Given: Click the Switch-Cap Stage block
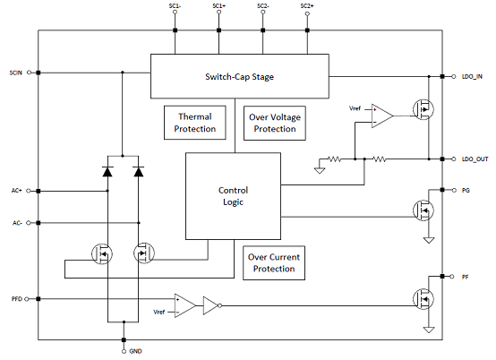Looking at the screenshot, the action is point(239,76).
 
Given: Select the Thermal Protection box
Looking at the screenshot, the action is point(195,123).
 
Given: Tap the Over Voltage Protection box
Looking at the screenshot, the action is point(275,123).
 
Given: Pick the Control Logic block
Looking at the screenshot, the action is point(233,196).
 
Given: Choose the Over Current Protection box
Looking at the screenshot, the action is point(274,263).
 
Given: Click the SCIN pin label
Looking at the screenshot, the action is point(16,73).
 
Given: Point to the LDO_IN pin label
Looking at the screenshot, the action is point(472,76).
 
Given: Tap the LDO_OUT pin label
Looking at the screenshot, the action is point(475,159).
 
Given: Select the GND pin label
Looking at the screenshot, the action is point(135,351).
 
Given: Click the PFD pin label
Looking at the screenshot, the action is point(17,299).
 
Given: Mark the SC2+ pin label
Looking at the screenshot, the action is point(307,6).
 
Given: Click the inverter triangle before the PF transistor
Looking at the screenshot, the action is point(211,305).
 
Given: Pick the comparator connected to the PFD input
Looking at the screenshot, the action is point(185,305).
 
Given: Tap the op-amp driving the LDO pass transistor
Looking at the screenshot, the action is point(382,116).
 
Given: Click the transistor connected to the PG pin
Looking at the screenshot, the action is point(423,210).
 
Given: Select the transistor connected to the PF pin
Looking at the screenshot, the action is point(423,299).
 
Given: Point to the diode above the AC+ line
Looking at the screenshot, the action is point(107,171).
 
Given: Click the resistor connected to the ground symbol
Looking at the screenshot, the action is point(334,159).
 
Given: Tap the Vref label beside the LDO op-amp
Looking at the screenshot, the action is point(355,108).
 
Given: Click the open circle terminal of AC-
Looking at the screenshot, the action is point(28,223).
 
